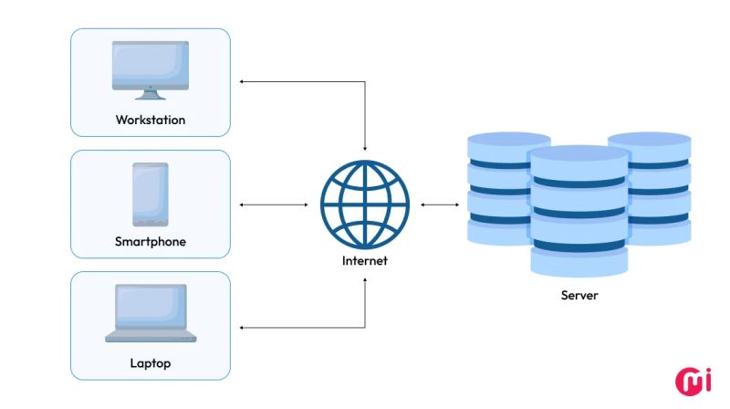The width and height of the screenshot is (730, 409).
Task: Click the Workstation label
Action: click(x=151, y=120)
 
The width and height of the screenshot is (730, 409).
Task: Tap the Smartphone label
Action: click(x=151, y=242)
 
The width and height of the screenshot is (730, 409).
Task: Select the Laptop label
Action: click(x=151, y=363)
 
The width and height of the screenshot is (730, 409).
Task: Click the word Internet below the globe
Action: click(x=365, y=260)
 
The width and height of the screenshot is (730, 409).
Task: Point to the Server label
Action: click(x=579, y=295)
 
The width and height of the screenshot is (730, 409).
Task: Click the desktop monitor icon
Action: click(x=151, y=66)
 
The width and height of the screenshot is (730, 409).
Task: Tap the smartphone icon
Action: click(x=151, y=194)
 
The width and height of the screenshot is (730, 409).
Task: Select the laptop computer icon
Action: click(x=151, y=313)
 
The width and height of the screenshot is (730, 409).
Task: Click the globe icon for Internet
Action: click(x=365, y=204)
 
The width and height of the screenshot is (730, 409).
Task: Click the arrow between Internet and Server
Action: click(x=441, y=204)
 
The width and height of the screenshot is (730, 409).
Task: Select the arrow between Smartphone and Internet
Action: click(x=274, y=204)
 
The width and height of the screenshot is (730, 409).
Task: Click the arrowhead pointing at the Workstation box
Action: click(x=243, y=82)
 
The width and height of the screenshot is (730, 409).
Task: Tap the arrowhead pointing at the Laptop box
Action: click(x=243, y=327)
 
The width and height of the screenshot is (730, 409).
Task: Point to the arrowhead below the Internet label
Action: click(x=365, y=278)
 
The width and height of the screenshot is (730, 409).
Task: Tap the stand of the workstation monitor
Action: click(x=151, y=93)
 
